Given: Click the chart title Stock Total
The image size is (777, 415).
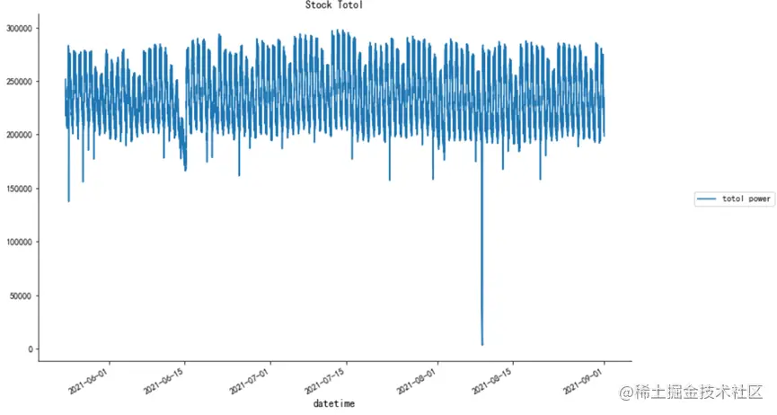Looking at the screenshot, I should (x=334, y=5).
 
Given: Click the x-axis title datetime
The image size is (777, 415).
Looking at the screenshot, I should (x=334, y=404).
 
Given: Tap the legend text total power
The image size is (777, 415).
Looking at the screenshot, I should (x=746, y=199).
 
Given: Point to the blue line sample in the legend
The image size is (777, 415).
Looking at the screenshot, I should (x=708, y=199).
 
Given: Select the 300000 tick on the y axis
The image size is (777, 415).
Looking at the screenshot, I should (x=19, y=29).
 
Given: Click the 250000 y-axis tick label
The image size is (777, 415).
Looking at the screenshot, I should (x=19, y=82).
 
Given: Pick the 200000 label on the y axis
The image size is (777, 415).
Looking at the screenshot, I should (x=19, y=135).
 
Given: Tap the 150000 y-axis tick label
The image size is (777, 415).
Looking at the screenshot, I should (x=19, y=189).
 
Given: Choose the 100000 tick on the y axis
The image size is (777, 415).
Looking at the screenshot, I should (x=19, y=242).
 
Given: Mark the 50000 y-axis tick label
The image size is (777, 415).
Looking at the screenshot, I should (x=22, y=296).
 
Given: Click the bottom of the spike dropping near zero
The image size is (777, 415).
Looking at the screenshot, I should (x=482, y=343).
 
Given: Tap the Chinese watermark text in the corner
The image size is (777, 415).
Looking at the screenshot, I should (x=689, y=393).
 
